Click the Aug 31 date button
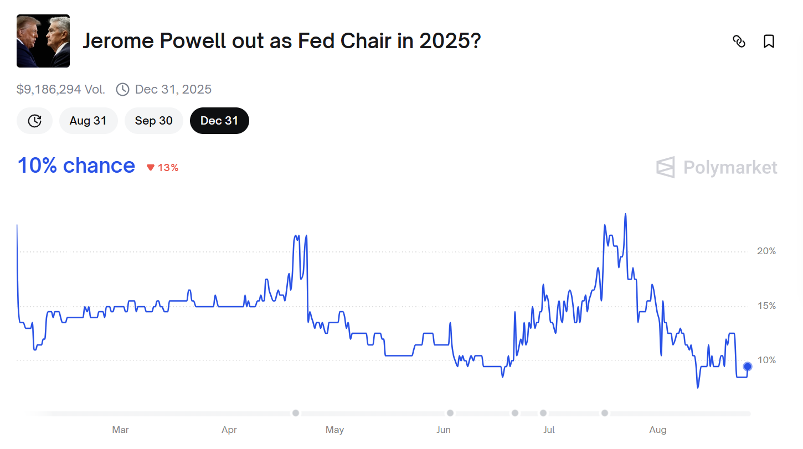[88, 121]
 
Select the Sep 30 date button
[153, 121]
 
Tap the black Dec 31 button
[219, 121]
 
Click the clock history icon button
[34, 121]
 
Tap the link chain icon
[739, 42]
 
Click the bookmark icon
[769, 42]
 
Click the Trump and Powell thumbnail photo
[43, 41]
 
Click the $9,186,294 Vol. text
[61, 89]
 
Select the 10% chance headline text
[76, 166]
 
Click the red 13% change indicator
[163, 168]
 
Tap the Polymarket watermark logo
[717, 167]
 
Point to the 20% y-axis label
[766, 251]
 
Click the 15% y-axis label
[766, 306]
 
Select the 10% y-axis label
[766, 360]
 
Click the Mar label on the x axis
[120, 430]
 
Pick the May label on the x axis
[334, 430]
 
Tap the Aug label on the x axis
[658, 430]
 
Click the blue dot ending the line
[748, 367]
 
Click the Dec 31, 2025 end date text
[173, 89]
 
